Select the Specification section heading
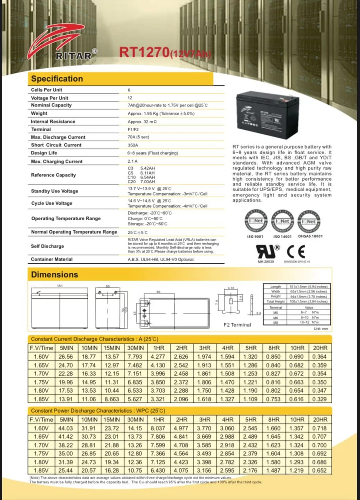tap(57, 79)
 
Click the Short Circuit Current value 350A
tap(133, 145)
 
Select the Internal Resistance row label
tap(53, 122)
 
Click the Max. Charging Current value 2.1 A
tap(133, 162)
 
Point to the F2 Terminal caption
tap(237, 325)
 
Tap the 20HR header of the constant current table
tap(320, 348)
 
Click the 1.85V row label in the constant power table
tap(41, 470)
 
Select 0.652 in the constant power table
tap(320, 470)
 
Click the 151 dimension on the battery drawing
tap(60, 285)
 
